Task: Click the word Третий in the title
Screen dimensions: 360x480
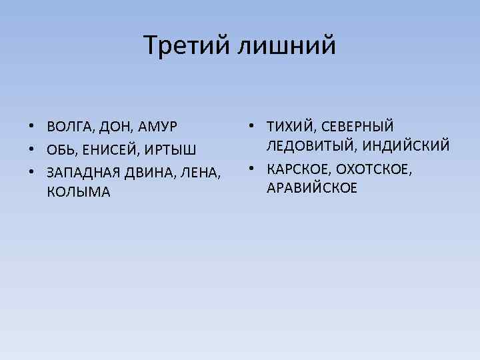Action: tap(185, 45)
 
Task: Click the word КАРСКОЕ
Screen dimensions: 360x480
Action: tap(297, 169)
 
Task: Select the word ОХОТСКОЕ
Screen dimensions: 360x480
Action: tap(375, 169)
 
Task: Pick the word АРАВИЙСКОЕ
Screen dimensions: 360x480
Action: tap(312, 189)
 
